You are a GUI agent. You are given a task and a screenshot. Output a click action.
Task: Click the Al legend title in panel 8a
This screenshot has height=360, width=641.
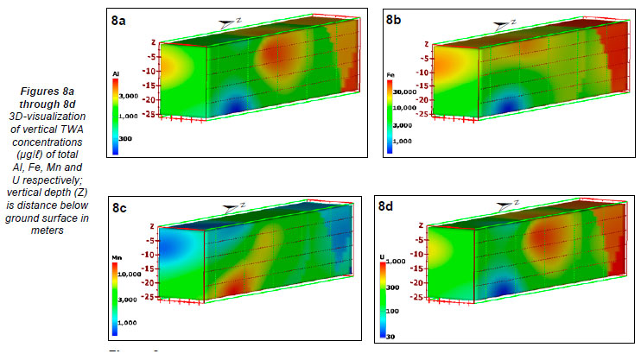(116, 76)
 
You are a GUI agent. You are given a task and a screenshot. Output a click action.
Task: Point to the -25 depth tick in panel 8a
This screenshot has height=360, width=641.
(149, 113)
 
